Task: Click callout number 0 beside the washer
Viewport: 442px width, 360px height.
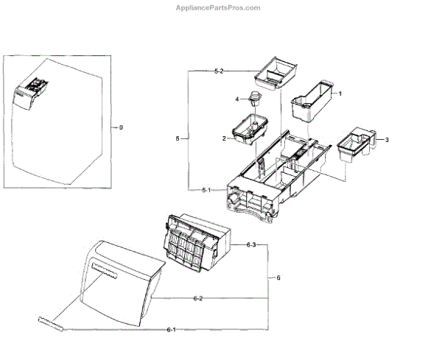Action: point(121,127)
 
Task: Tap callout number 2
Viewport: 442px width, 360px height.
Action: point(223,138)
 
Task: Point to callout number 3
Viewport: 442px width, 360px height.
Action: point(387,140)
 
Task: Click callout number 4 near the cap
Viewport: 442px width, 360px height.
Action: point(238,99)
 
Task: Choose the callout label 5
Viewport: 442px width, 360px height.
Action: point(178,138)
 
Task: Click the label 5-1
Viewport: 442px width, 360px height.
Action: point(207,190)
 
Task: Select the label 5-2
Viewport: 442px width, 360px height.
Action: point(218,71)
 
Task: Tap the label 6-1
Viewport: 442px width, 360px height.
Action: point(171,328)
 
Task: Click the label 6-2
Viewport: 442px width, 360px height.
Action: point(197,298)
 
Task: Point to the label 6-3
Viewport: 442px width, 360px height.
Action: point(251,244)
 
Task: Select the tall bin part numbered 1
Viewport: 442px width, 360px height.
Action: point(311,101)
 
